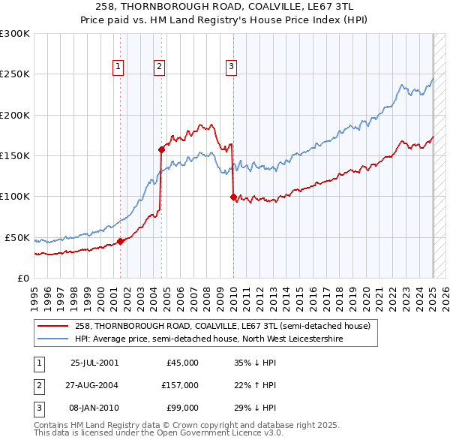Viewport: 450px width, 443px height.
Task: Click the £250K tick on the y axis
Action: coord(14,74)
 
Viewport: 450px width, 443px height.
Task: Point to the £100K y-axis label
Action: coord(14,197)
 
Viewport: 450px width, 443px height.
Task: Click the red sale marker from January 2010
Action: coord(233,197)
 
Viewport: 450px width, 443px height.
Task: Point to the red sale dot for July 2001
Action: coord(121,241)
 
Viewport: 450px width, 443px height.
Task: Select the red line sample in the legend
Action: coord(53,327)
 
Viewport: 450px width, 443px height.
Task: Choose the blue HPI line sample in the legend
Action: coord(53,339)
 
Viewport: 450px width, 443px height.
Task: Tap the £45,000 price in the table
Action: coord(182,363)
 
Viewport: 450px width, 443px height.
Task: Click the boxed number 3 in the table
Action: coord(39,408)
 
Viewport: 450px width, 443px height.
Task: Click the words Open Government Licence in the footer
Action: coord(209,433)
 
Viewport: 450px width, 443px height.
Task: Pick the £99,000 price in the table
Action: coord(182,408)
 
